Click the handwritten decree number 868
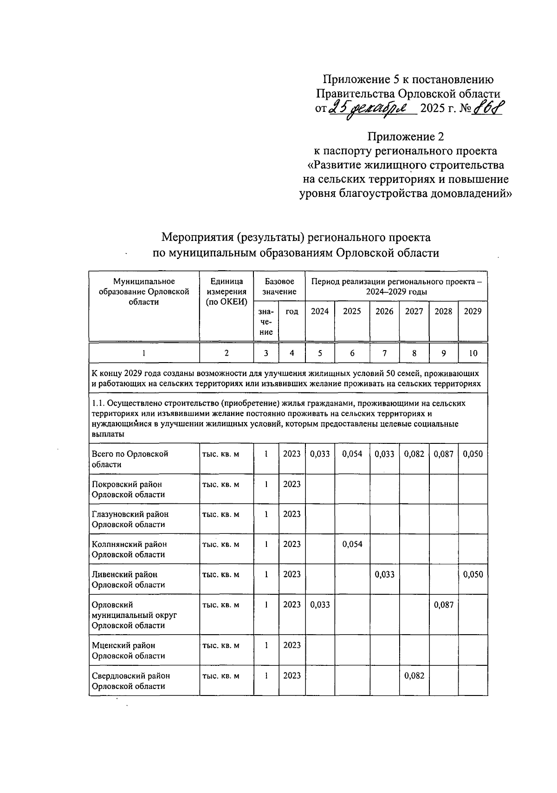click(x=488, y=110)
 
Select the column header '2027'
click(x=414, y=312)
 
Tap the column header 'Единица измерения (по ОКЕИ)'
click(x=227, y=292)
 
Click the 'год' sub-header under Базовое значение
click(x=291, y=312)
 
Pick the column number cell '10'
click(x=473, y=353)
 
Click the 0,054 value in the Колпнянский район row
click(x=352, y=544)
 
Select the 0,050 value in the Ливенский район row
click(x=473, y=574)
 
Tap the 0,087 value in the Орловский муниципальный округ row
click(x=443, y=605)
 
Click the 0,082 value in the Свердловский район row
click(x=414, y=676)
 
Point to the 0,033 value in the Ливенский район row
click(x=384, y=574)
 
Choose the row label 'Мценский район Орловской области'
click(x=129, y=650)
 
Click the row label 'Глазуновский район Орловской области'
click(x=130, y=519)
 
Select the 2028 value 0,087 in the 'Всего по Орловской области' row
click(x=443, y=454)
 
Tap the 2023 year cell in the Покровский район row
click(x=291, y=484)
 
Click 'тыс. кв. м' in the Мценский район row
click(x=220, y=646)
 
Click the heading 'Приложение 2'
click(x=406, y=136)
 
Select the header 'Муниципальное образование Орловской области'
click(x=144, y=292)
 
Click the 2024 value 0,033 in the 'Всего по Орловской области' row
click(x=320, y=454)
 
